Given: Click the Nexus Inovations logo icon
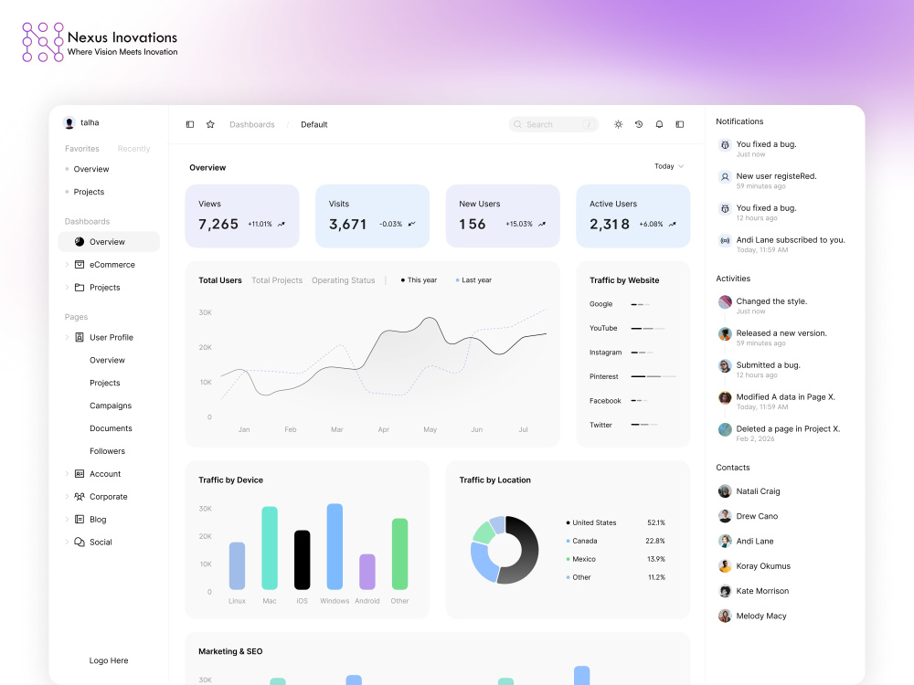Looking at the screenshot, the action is [x=43, y=42].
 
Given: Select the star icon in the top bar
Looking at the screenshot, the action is [x=210, y=124].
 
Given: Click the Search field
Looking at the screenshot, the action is [x=553, y=124].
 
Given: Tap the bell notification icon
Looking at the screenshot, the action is [x=659, y=124].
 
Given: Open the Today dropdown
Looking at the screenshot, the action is [x=669, y=166].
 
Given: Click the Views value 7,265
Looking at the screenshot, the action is [x=218, y=225].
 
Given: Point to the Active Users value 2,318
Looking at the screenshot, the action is [x=610, y=225].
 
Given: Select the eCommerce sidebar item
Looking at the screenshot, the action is [x=112, y=265].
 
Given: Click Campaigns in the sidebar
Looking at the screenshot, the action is [x=111, y=406].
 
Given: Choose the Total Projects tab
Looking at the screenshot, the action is [x=277, y=280].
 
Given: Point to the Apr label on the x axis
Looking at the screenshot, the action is [x=384, y=429].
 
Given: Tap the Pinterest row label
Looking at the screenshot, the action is [x=604, y=376].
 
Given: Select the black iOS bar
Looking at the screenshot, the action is [x=302, y=560].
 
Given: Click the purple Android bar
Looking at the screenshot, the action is [x=367, y=572].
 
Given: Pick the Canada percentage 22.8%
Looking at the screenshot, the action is [x=655, y=541].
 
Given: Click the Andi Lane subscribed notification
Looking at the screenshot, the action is [x=781, y=244].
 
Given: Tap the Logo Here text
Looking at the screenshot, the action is [x=109, y=660].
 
